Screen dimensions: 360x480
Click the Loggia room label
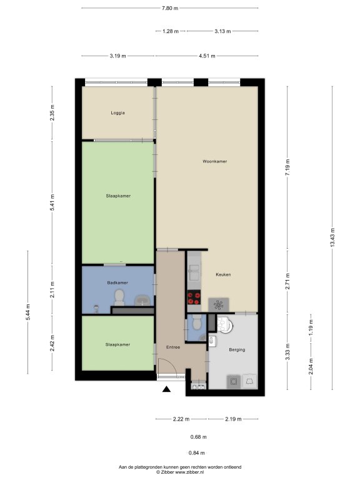pyautogui.click(x=117, y=112)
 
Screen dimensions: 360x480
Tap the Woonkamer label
pyautogui.click(x=214, y=161)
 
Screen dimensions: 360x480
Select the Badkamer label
pyautogui.click(x=117, y=282)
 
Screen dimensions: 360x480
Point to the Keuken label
pyautogui.click(x=223, y=274)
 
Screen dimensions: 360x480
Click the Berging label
pyautogui.click(x=237, y=349)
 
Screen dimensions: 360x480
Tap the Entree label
pyautogui.click(x=173, y=347)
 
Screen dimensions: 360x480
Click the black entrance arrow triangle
pyautogui.click(x=166, y=389)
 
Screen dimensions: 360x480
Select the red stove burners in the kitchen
pyautogui.click(x=194, y=298)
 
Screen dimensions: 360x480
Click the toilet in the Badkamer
pyautogui.click(x=119, y=297)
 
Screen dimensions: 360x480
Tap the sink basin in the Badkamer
pyautogui.click(x=143, y=300)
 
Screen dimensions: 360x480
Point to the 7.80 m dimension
pyautogui.click(x=170, y=8)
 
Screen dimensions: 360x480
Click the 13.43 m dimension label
pyautogui.click(x=332, y=237)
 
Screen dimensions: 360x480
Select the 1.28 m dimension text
pyautogui.click(x=171, y=31)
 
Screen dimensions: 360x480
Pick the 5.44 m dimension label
pyautogui.click(x=28, y=312)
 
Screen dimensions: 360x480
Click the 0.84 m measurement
pyautogui.click(x=197, y=452)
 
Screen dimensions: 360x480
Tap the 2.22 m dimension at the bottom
pyautogui.click(x=181, y=419)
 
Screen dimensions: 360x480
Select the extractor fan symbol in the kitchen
pyautogui.click(x=219, y=304)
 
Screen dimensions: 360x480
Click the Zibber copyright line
pyautogui.click(x=180, y=472)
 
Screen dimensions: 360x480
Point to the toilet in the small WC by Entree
pyautogui.click(x=196, y=322)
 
